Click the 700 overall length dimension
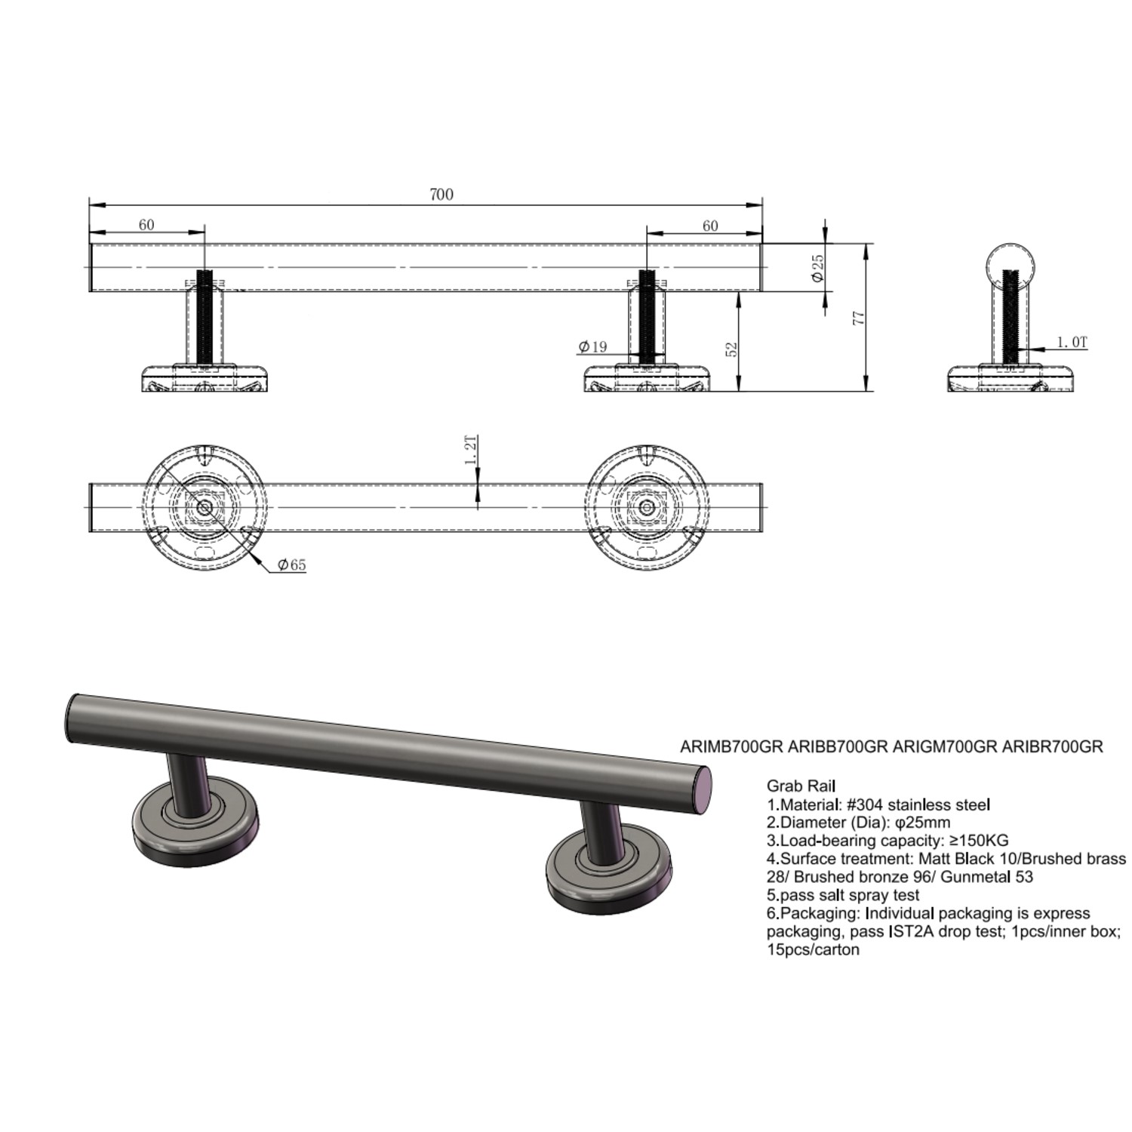441,195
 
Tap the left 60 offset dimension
146,225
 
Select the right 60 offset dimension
710,226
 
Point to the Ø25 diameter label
817,268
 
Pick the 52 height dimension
731,349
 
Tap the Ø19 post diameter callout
593,347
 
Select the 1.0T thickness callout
1072,343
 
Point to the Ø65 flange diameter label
292,564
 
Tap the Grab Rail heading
801,786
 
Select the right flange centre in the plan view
645,507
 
